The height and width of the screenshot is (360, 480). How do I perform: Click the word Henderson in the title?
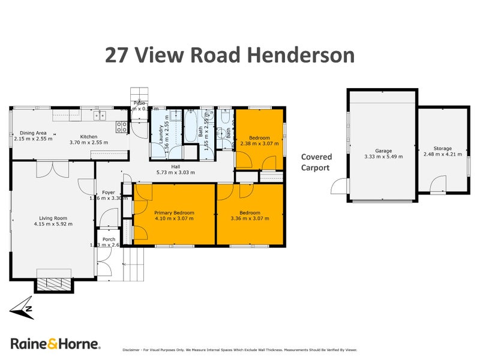click(300, 55)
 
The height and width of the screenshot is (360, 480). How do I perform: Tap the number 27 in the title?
click(118, 55)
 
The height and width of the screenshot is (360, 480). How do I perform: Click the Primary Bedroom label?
click(174, 212)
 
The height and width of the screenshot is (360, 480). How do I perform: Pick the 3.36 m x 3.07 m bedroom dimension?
click(250, 219)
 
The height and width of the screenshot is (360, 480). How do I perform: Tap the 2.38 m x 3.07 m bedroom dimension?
click(256, 144)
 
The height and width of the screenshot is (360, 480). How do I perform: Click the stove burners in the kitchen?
click(121, 127)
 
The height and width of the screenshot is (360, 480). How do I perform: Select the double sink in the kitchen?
click(100, 115)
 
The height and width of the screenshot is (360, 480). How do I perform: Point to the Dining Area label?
click(34, 133)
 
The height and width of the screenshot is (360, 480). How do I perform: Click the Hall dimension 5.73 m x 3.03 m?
click(175, 173)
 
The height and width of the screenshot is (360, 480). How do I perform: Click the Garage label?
click(383, 151)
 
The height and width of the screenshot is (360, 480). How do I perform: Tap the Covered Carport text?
click(316, 163)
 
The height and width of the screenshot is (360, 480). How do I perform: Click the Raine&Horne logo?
click(55, 343)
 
